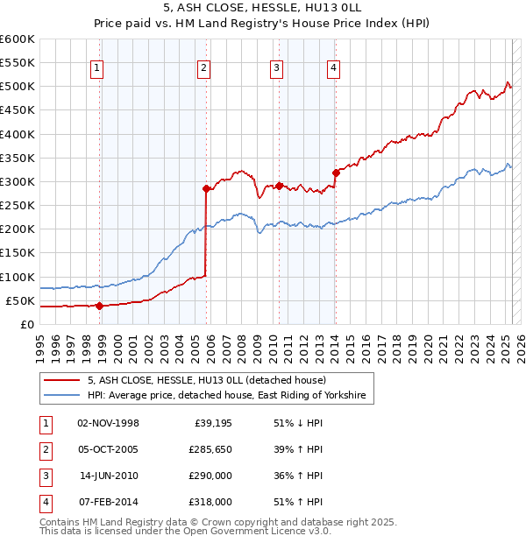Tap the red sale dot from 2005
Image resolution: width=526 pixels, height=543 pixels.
[x=207, y=188]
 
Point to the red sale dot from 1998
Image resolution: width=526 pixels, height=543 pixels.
[x=100, y=306]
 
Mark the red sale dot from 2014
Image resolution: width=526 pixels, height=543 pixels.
[x=336, y=173]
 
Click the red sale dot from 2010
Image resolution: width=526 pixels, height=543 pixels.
[x=279, y=186]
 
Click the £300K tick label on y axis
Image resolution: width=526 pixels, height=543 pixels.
[x=18, y=181]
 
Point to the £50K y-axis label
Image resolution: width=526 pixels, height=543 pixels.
[x=20, y=300]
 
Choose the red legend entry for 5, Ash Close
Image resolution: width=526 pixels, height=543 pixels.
[x=207, y=380]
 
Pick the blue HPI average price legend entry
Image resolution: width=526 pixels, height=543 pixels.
[x=230, y=396]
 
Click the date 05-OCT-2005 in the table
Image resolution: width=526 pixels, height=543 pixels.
[x=109, y=449]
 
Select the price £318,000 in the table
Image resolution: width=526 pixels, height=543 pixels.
[x=210, y=502]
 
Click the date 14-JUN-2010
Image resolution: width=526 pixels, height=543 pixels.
[x=110, y=476]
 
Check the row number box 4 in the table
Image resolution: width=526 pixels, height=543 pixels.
[x=45, y=503]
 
